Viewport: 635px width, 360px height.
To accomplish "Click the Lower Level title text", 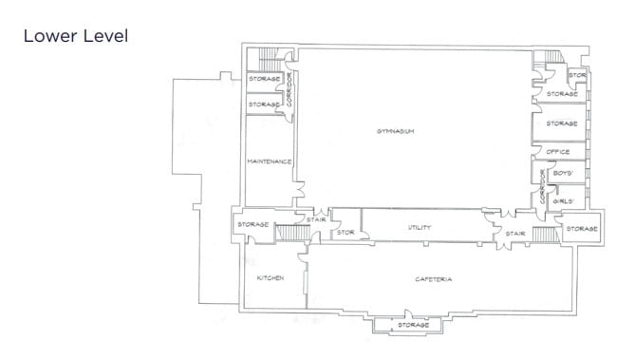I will (x=75, y=36).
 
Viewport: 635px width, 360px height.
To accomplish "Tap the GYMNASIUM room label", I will (x=396, y=130).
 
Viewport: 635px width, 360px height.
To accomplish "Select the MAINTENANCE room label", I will (x=268, y=161).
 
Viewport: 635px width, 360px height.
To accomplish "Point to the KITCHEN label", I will (x=271, y=277).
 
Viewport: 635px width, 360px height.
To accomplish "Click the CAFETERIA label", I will (x=433, y=278).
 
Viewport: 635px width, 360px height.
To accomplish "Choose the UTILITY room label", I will (x=420, y=228).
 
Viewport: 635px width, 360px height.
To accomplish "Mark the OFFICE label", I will (x=557, y=152).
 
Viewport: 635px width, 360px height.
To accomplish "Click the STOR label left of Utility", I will (x=346, y=231).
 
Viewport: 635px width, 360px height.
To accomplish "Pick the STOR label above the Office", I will (x=576, y=75).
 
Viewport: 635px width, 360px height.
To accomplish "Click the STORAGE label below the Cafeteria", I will (x=412, y=325).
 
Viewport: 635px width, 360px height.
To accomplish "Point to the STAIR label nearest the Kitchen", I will (x=316, y=220).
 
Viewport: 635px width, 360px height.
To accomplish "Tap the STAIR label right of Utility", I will (x=514, y=232).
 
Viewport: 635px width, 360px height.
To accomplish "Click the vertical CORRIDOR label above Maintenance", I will (x=288, y=90).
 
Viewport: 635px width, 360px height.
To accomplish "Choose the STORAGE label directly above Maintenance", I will (x=264, y=104).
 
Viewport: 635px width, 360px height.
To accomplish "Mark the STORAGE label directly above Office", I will (x=562, y=123).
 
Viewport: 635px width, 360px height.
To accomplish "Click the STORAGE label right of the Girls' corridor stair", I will (x=581, y=229).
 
